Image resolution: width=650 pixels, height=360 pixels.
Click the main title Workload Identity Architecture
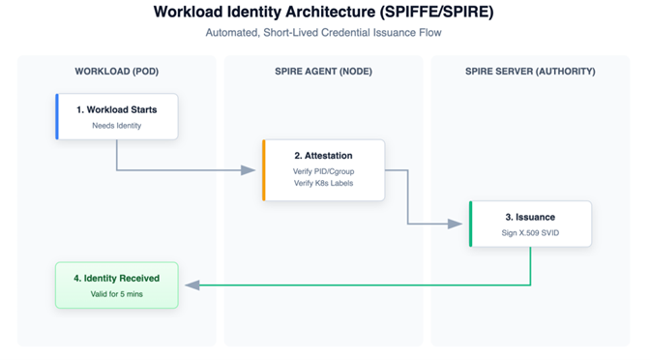(x=324, y=13)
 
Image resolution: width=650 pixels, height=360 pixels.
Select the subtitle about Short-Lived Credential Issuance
(x=324, y=33)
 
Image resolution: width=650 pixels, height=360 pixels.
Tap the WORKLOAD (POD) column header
(x=117, y=72)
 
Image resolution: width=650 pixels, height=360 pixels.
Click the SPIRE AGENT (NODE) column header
(x=324, y=72)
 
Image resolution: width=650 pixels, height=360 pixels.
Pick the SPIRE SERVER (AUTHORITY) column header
(x=531, y=72)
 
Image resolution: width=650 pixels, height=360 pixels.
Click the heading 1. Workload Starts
(x=117, y=109)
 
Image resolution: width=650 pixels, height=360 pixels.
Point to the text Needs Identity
(x=117, y=126)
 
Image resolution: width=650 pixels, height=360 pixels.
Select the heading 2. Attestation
(x=324, y=155)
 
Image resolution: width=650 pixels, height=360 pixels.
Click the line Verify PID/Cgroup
(x=324, y=171)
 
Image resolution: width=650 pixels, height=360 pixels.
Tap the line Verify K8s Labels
(x=324, y=183)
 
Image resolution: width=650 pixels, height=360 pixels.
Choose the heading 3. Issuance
(x=531, y=218)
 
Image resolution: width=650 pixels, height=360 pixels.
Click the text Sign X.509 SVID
(x=531, y=234)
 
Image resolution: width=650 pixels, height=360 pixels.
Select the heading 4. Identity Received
(x=117, y=278)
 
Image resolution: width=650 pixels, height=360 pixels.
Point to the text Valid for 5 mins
(x=117, y=294)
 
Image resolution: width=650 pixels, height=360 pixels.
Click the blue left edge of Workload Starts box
(x=58, y=117)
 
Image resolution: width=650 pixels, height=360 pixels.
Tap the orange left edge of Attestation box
(x=264, y=170)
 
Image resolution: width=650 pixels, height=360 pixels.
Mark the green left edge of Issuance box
(x=471, y=225)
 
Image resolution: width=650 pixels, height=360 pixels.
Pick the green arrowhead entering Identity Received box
(x=192, y=285)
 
